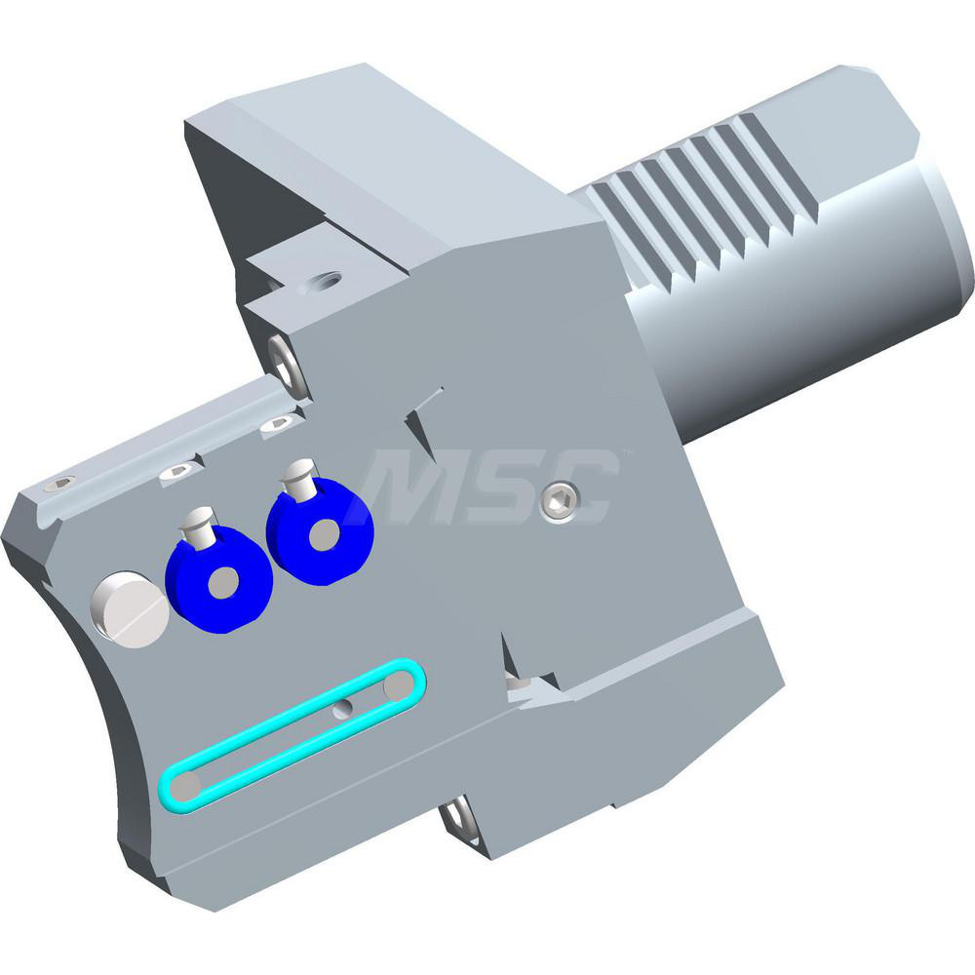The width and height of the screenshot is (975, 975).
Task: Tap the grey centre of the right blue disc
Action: [325, 532]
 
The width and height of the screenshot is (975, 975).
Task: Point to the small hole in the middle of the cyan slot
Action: [340, 710]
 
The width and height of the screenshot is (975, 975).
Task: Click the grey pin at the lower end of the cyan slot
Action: [191, 785]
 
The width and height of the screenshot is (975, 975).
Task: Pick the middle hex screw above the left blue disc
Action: [179, 472]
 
